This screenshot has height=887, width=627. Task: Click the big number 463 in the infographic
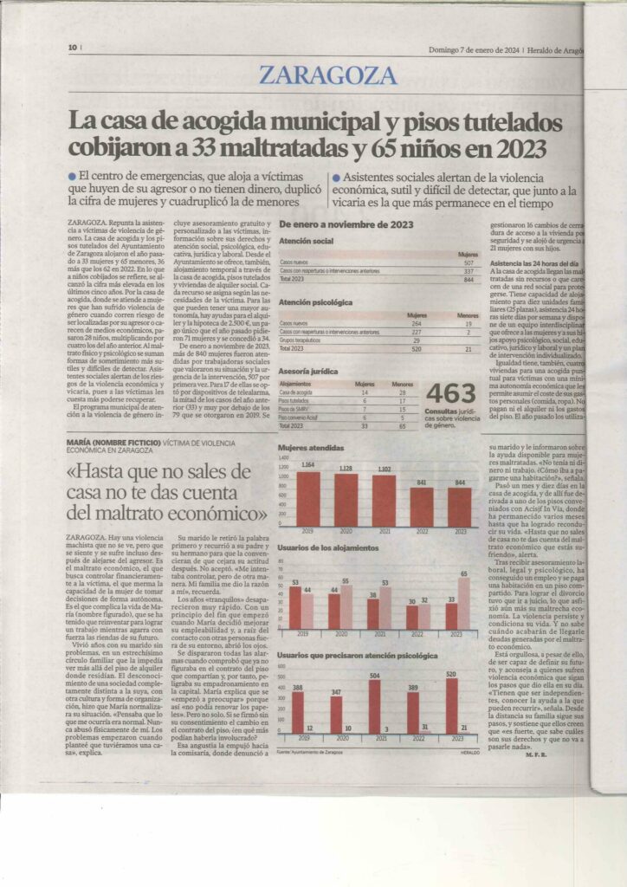451,395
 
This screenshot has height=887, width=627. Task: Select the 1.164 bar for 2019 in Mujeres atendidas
308,499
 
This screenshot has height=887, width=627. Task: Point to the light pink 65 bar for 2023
463,603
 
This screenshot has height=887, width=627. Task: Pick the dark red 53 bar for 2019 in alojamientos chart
294,608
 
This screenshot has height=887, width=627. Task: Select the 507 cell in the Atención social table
469,262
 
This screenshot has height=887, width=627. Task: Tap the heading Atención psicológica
316,302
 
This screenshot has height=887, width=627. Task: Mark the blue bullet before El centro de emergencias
71,177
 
